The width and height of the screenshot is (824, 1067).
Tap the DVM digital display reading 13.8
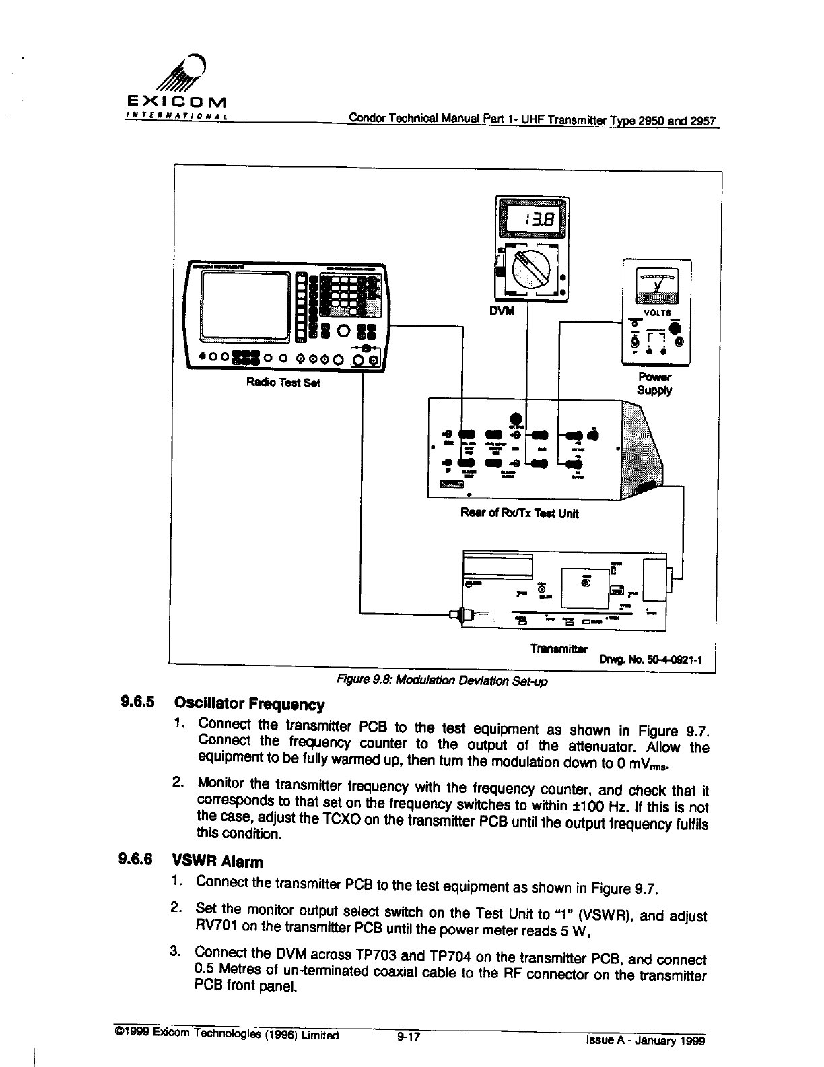(x=532, y=218)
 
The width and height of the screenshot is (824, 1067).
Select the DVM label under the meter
(x=500, y=311)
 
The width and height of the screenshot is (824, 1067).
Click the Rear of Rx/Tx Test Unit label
(x=519, y=513)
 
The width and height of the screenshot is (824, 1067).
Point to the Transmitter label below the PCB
(x=559, y=649)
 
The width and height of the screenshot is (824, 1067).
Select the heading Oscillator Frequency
(x=249, y=705)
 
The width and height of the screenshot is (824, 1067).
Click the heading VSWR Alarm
(x=217, y=862)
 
